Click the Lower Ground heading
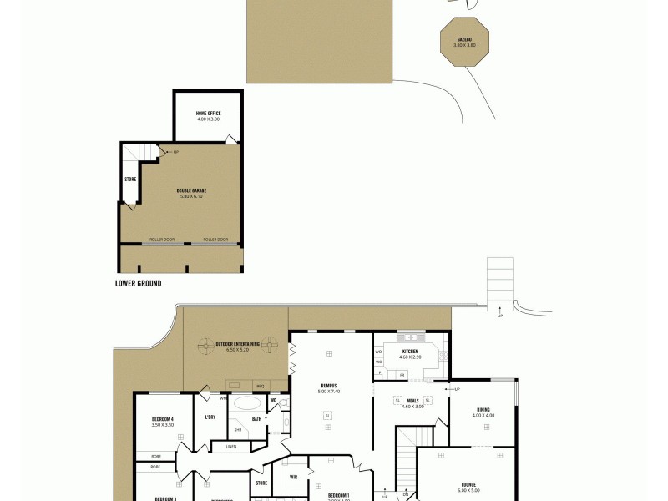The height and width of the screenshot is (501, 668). pyautogui.click(x=138, y=284)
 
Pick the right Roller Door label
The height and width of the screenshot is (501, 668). pyautogui.click(x=215, y=240)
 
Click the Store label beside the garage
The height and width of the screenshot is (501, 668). pyautogui.click(x=130, y=179)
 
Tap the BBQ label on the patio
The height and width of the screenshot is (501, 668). pyautogui.click(x=260, y=387)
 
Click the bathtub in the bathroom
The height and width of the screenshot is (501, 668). pyautogui.click(x=247, y=402)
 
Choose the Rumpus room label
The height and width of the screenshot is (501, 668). pyautogui.click(x=328, y=387)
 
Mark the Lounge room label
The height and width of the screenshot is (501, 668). pyautogui.click(x=468, y=483)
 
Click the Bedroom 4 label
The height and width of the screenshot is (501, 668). pyautogui.click(x=162, y=418)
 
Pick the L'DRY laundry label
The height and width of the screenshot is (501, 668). pyautogui.click(x=210, y=417)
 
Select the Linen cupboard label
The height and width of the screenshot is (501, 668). pyautogui.click(x=230, y=446)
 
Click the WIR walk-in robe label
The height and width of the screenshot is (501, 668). pyautogui.click(x=293, y=477)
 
